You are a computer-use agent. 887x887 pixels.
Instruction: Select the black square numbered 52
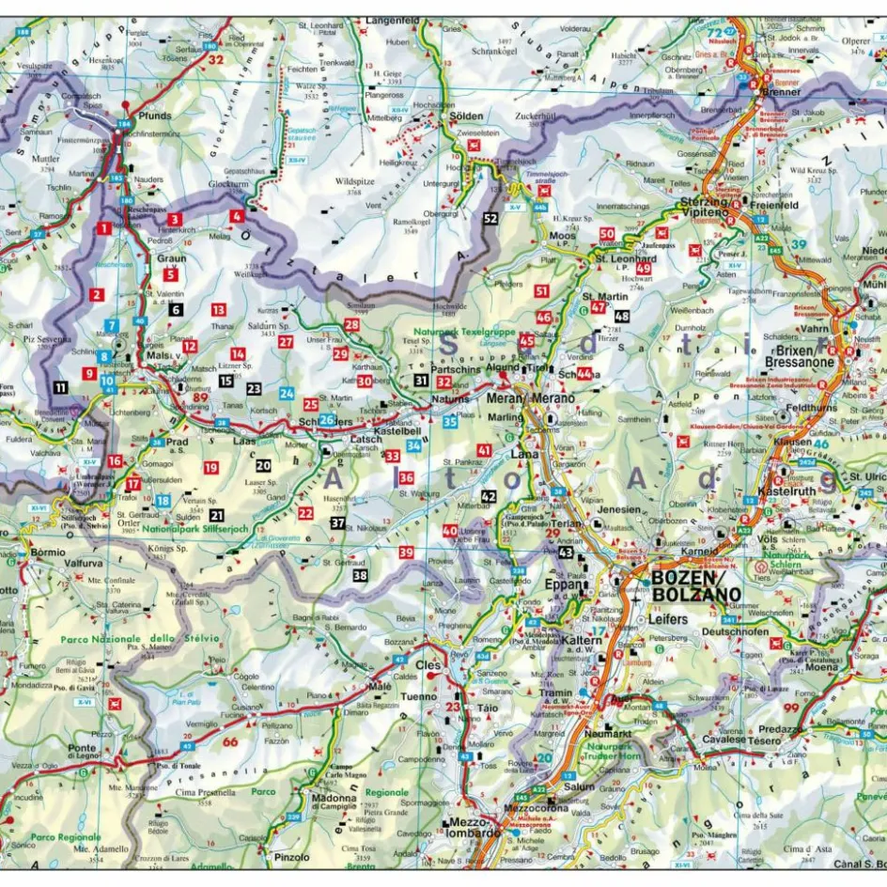(490, 219)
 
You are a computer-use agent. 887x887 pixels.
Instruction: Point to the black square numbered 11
(60, 386)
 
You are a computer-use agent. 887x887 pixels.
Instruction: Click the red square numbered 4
(237, 216)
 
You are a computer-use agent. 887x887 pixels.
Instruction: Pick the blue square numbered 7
(112, 325)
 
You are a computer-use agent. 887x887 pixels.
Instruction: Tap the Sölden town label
(467, 117)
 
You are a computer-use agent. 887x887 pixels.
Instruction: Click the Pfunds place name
(154, 117)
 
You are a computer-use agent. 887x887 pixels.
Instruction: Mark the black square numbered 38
(359, 575)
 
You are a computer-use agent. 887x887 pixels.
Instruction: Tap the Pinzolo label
(292, 856)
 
